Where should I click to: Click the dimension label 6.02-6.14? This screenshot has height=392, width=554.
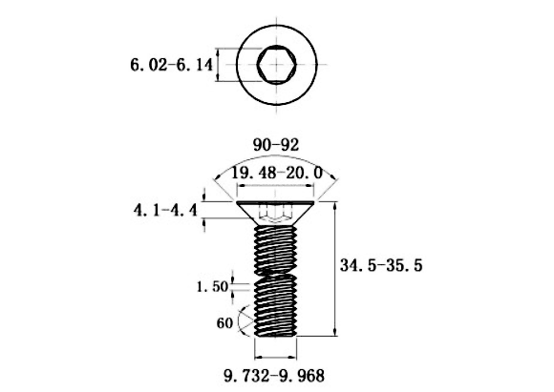[172, 65]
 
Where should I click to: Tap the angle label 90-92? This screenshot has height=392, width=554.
[276, 145]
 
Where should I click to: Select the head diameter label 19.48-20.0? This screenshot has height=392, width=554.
[276, 173]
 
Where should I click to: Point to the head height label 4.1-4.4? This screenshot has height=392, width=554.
[165, 211]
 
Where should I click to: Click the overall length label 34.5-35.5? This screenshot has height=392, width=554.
[381, 265]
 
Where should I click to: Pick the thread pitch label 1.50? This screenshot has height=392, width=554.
[212, 286]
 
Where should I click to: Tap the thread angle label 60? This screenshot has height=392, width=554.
[224, 322]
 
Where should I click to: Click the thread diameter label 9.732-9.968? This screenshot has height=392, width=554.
[274, 376]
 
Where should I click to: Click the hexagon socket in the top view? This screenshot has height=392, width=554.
[276, 65]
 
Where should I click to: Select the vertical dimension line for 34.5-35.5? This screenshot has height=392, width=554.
[335, 269]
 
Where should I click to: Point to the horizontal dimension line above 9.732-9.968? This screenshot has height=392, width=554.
[276, 357]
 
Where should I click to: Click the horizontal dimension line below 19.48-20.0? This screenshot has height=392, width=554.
[276, 186]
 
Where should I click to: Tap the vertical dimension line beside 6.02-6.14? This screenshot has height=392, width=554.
[218, 65]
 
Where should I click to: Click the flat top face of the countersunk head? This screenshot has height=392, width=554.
[276, 202]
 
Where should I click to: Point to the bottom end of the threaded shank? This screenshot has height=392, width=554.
[276, 336]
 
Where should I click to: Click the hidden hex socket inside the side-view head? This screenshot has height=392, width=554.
[276, 214]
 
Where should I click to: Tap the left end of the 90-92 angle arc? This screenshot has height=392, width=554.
[214, 180]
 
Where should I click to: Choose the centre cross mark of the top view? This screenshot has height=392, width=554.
[276, 65]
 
